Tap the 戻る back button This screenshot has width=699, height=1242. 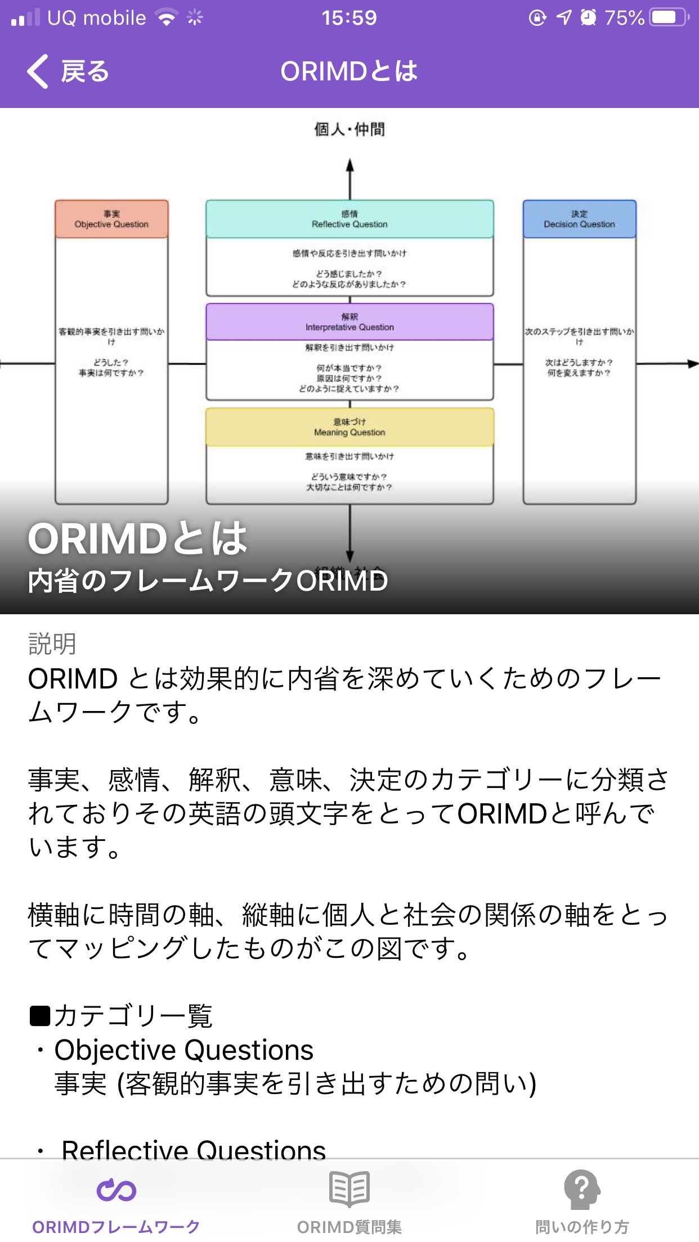(x=68, y=71)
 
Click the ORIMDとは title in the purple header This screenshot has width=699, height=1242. (x=349, y=71)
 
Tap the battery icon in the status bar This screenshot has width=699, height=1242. (x=668, y=17)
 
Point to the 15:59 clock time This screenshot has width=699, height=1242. (x=349, y=18)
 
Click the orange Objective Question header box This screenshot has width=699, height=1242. (x=111, y=219)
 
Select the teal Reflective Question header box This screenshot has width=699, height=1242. (x=349, y=219)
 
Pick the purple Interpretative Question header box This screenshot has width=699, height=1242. (x=349, y=322)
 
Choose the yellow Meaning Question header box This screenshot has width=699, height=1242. (x=349, y=427)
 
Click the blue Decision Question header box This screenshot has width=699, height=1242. (x=579, y=219)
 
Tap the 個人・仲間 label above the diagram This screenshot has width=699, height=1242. (x=349, y=129)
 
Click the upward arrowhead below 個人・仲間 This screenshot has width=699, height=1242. (x=350, y=165)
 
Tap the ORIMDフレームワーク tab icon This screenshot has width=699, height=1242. (x=116, y=1190)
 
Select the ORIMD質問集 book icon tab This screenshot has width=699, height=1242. (x=349, y=1189)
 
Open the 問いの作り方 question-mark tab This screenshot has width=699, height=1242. (x=582, y=1189)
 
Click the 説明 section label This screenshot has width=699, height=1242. (x=52, y=643)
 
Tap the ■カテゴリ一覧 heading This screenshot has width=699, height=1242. (x=121, y=1016)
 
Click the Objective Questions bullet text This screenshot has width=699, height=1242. (x=183, y=1050)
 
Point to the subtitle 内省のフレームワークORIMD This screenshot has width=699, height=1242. (x=208, y=580)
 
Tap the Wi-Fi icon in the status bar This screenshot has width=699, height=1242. (x=166, y=18)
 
